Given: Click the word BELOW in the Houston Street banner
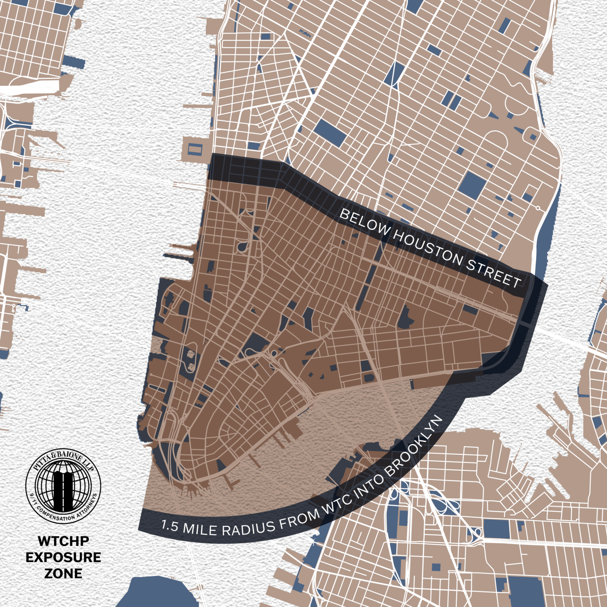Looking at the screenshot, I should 365,224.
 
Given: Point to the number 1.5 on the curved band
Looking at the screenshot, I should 170,526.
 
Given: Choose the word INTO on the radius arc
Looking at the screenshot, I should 369,481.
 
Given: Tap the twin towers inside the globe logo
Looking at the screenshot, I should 63,486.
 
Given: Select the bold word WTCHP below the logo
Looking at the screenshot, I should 63,541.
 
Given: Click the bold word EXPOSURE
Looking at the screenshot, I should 63,557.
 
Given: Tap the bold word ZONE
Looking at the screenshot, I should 63,573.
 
